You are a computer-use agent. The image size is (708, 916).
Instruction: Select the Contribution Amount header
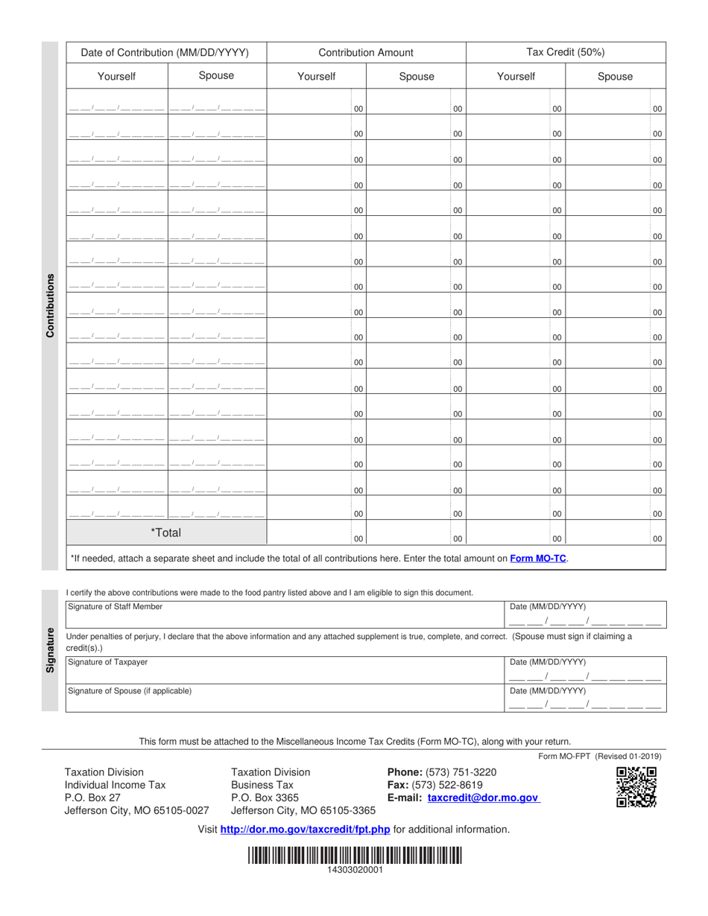coord(365,53)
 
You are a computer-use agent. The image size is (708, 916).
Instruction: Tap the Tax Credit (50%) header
coord(566,53)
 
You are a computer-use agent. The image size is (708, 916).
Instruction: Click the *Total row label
coord(165,532)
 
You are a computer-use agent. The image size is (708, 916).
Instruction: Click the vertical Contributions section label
coord(51,305)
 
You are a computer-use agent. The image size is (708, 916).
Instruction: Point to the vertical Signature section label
coord(51,650)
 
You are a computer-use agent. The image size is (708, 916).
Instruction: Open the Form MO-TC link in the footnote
coord(538,558)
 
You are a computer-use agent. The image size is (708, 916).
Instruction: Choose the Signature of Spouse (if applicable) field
coord(283,699)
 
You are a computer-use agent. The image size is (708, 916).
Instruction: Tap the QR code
coord(636,787)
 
